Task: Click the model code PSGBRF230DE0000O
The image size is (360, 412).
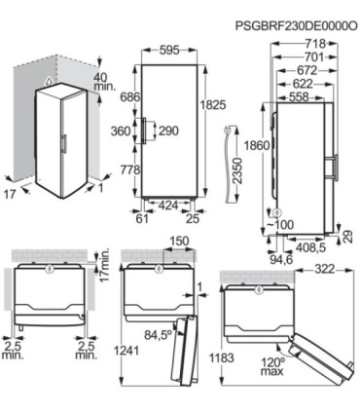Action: click(297, 26)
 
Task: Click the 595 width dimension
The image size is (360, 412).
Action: click(169, 51)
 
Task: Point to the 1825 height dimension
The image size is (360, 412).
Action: click(213, 104)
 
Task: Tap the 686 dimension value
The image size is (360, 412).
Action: click(129, 96)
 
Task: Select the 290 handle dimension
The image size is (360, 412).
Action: click(168, 131)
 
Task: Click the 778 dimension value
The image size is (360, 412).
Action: click(129, 169)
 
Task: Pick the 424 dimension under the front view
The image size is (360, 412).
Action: click(168, 206)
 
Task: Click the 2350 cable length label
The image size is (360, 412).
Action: click(238, 171)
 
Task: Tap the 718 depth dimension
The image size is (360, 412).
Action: click(315, 43)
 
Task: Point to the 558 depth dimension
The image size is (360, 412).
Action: click(299, 96)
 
